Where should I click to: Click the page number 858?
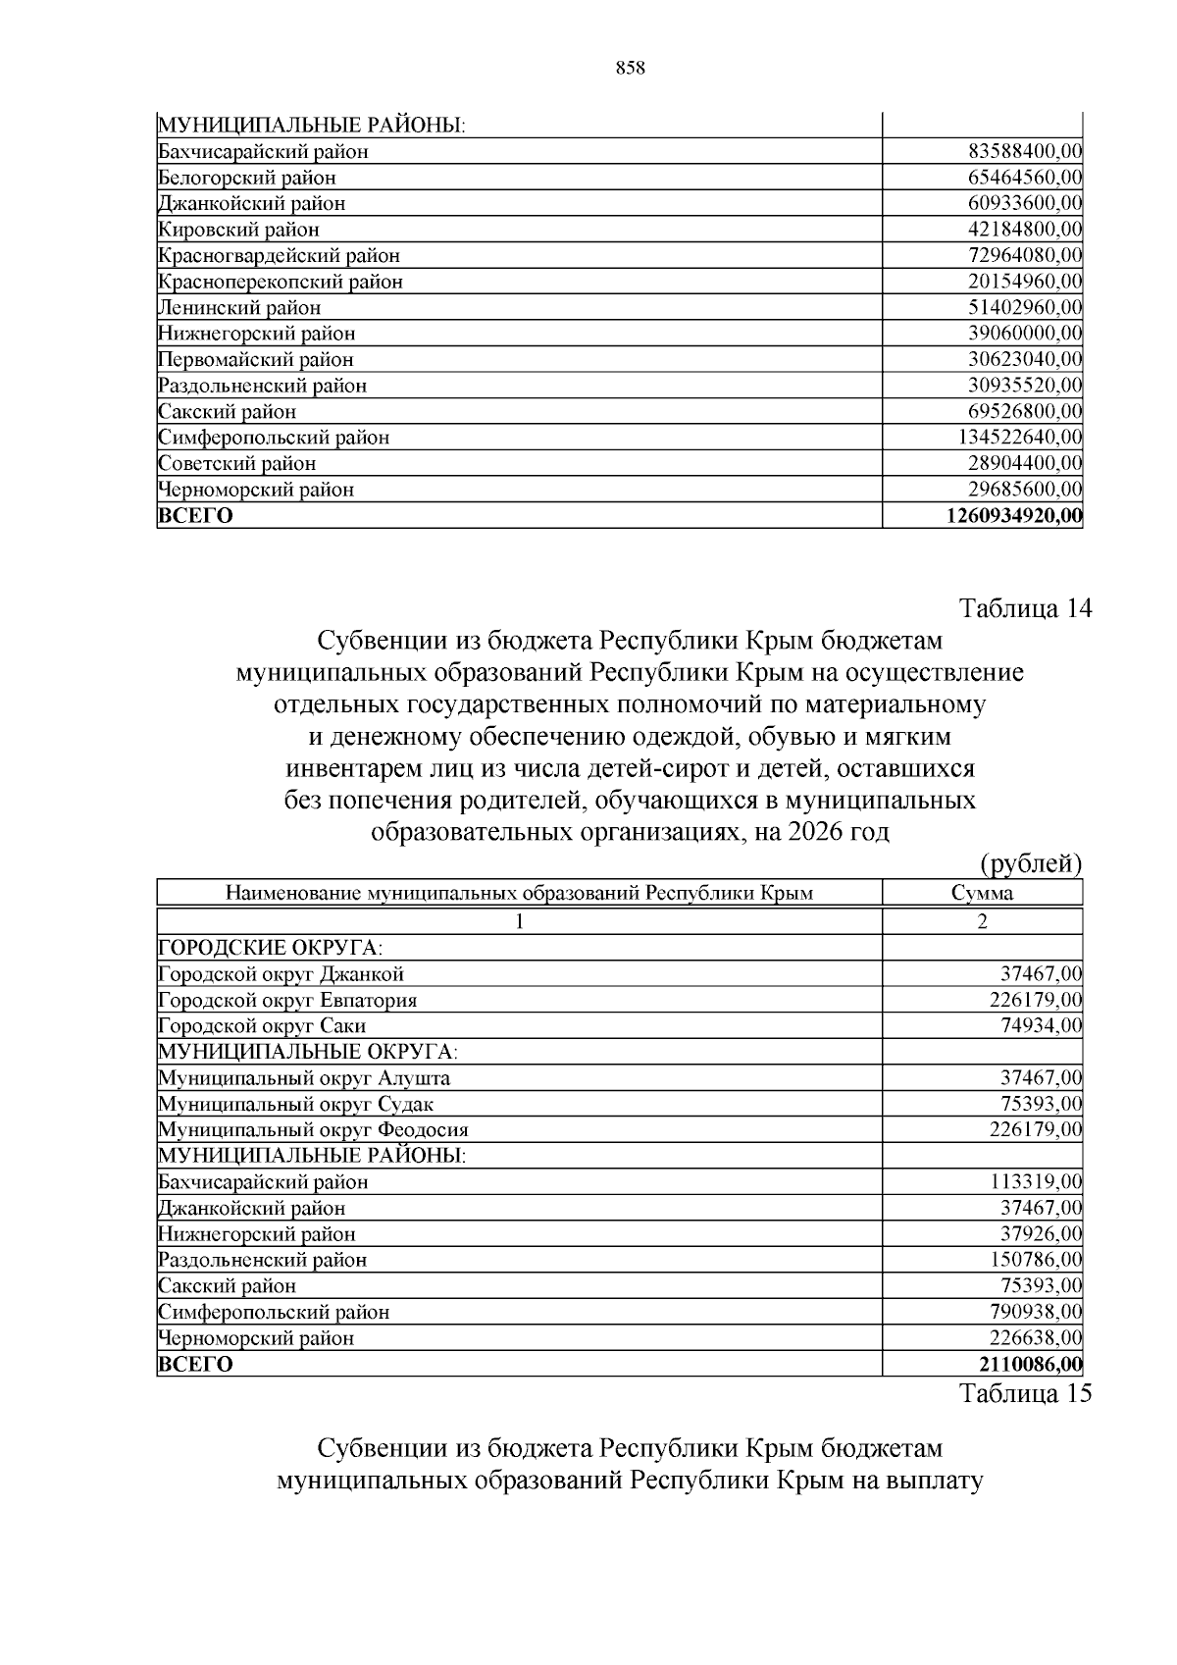coord(630,68)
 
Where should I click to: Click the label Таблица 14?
coord(1025,608)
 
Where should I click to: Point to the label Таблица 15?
coord(1025,1394)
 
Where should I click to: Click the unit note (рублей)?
coord(1031,864)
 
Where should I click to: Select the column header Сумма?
coord(982,893)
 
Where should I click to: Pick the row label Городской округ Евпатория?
coord(287,1001)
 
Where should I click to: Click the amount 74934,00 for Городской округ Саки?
coord(1041,1026)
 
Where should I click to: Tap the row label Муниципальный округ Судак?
coord(295,1105)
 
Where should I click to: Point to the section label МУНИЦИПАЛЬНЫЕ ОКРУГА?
coord(308,1053)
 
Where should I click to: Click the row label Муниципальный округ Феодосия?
coord(313,1130)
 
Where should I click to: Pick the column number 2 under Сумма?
coord(982,921)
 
